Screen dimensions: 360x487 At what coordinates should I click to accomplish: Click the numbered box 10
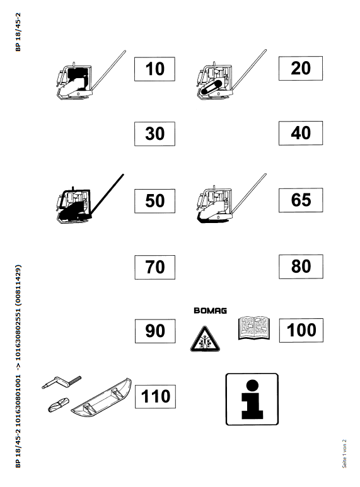coord(154,69)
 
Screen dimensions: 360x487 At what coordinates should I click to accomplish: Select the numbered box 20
coord(301,68)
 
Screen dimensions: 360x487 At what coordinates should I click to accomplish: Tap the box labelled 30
coord(154,134)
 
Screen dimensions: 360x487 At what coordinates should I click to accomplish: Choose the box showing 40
coord(301,133)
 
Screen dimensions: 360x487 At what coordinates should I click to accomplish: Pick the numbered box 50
coord(154,200)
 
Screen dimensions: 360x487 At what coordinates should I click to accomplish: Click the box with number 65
coord(301,200)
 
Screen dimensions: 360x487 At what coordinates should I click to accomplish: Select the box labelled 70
coord(155,267)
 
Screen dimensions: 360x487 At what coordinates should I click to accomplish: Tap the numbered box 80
coord(301,266)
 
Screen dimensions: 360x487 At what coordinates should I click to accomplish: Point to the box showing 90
coord(155,331)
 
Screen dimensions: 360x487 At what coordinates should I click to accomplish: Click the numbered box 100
coord(301,330)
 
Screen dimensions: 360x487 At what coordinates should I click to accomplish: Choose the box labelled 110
coord(155,397)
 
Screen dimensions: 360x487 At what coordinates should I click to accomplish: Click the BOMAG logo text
coord(210,311)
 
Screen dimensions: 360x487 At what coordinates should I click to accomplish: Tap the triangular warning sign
coord(205,339)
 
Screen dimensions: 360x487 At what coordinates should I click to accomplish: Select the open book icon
coord(253,328)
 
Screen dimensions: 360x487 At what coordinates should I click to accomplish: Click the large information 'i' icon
coord(252,399)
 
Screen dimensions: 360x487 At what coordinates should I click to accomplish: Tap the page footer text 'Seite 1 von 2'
coord(344,454)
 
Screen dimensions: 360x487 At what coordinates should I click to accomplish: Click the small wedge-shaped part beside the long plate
coord(59,404)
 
